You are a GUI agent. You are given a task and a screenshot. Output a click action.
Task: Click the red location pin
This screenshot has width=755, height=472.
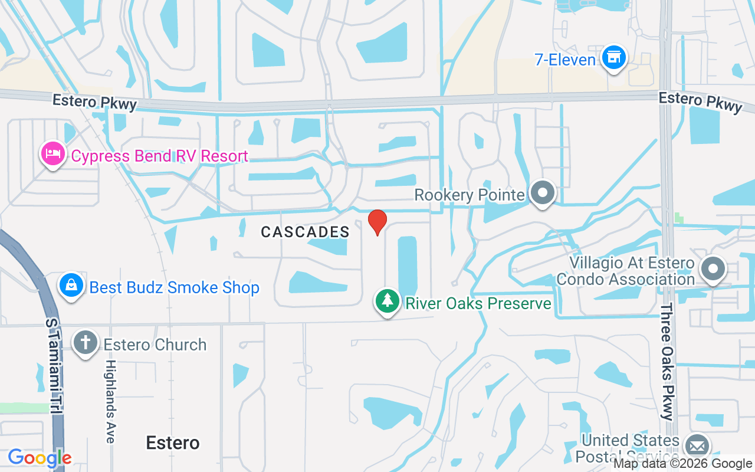pyautogui.click(x=377, y=222)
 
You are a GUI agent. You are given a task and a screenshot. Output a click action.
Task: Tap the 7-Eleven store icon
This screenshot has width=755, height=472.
pyautogui.click(x=614, y=58)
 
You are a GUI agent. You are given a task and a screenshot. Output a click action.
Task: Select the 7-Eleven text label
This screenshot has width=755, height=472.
pyautogui.click(x=565, y=60)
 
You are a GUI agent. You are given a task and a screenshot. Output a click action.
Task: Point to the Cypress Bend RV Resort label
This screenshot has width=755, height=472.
pyautogui.click(x=159, y=156)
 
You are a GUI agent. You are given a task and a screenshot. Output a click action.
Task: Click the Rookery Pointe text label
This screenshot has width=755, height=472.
pyautogui.click(x=470, y=195)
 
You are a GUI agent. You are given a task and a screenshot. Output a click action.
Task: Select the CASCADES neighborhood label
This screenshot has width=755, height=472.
pyautogui.click(x=306, y=232)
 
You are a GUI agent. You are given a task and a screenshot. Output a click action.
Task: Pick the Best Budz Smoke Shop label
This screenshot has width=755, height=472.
pyautogui.click(x=174, y=287)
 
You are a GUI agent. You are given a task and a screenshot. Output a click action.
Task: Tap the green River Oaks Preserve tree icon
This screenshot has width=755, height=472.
pyautogui.click(x=387, y=301)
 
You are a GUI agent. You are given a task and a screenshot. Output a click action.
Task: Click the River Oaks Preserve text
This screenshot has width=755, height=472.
pyautogui.click(x=478, y=303)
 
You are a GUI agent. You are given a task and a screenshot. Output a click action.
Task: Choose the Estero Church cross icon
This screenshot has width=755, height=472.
pyautogui.click(x=86, y=343)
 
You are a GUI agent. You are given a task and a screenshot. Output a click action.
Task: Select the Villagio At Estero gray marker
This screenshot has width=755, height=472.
pyautogui.click(x=713, y=269)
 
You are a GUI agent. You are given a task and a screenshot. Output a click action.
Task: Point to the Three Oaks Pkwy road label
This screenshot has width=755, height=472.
pyautogui.click(x=667, y=362)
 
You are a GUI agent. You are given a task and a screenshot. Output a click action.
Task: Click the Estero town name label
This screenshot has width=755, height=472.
pyautogui.click(x=173, y=442)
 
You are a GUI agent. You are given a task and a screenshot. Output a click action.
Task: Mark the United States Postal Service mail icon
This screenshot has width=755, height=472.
pyautogui.click(x=697, y=447)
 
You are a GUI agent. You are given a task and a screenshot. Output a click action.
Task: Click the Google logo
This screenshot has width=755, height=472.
pyautogui.click(x=40, y=457)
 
